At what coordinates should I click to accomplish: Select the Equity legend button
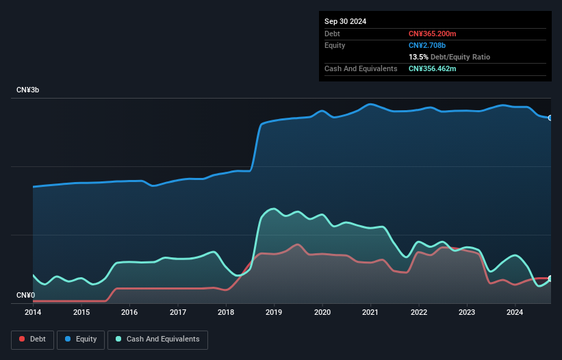(x=81, y=339)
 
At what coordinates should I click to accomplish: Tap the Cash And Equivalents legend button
(x=157, y=339)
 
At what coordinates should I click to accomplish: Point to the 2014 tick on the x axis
(x=33, y=313)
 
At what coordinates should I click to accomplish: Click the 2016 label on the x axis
(x=129, y=313)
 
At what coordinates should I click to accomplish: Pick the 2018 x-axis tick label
(x=226, y=313)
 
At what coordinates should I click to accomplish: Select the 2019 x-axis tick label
(x=274, y=313)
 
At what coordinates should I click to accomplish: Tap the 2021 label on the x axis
(x=370, y=313)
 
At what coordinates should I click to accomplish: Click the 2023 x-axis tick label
(x=467, y=313)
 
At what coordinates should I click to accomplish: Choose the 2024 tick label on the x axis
(x=515, y=313)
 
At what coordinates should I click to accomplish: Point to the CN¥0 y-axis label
(x=26, y=295)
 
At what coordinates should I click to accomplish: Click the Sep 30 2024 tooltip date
(x=345, y=21)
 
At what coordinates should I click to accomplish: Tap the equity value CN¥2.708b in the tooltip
(x=427, y=45)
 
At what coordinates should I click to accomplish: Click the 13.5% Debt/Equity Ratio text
(x=449, y=57)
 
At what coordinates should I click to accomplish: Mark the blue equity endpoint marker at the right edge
(x=550, y=118)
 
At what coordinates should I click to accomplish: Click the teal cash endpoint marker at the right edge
(x=550, y=279)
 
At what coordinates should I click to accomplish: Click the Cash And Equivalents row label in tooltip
(x=361, y=68)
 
